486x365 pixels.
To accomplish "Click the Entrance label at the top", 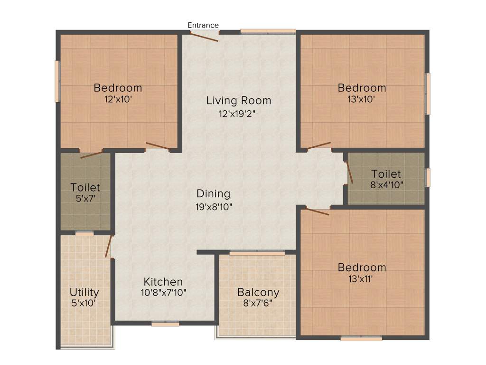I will coord(203,25).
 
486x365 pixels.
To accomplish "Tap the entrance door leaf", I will coord(205,37).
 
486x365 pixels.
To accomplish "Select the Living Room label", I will coord(239,101).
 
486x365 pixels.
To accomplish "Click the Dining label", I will coord(214,194).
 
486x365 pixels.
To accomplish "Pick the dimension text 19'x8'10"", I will coord(214,207).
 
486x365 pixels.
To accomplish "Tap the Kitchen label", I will coord(163,282).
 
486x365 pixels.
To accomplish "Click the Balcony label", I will coord(258,292).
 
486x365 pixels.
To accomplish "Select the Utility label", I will coord(84,292).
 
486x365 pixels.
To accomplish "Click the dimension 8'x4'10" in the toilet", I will coord(386,185).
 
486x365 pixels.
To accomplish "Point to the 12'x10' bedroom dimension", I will coord(118,99).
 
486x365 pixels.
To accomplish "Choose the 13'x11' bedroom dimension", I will coord(362,279).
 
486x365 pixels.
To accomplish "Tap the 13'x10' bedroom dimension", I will coord(362,99).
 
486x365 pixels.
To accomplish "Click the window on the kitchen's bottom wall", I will coord(165,324).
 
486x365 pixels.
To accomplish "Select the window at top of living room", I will coord(268,32).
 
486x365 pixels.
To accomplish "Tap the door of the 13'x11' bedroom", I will coord(317,211).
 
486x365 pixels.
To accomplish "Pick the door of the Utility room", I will coord(108,246).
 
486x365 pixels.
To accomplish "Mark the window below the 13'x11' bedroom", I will coord(361,339).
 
